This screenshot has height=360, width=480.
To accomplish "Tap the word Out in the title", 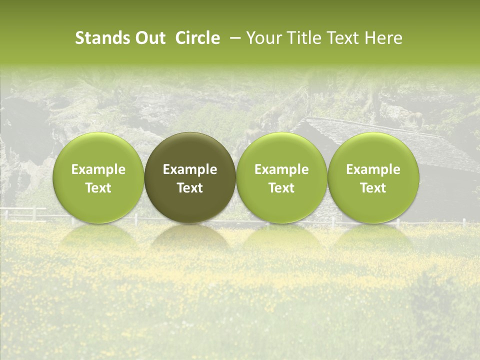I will pos(149,38).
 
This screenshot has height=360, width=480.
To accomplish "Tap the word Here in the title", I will pos(383,38).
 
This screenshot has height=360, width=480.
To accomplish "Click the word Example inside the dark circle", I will pos(190,169).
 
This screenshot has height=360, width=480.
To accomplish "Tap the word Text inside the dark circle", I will pos(190,188).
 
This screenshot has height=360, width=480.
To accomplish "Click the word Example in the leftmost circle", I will pos(98,169).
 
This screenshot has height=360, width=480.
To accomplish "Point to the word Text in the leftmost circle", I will pos(98,188).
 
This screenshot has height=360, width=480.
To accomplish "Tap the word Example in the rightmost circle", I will pos(373,169).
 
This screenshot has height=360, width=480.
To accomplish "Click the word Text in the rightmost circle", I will pos(373,188).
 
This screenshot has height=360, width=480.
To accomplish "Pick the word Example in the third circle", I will pos(281,169).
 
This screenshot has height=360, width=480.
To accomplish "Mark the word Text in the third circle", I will pos(281,188).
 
